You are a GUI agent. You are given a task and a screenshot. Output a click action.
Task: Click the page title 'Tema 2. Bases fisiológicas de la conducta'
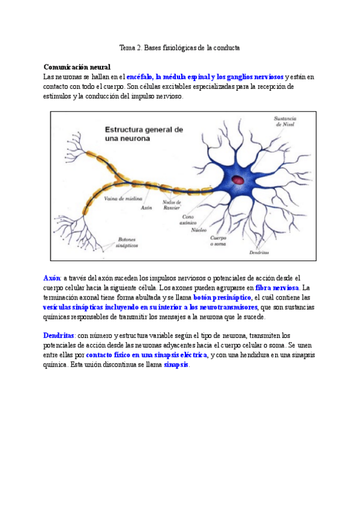click(179, 47)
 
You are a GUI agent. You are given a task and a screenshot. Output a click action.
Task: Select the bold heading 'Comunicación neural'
click(77, 67)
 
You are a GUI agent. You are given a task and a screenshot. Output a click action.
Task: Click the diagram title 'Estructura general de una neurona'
click(144, 133)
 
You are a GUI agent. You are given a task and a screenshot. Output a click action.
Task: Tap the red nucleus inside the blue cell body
click(239, 179)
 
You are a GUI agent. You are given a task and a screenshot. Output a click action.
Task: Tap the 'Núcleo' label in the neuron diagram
click(199, 229)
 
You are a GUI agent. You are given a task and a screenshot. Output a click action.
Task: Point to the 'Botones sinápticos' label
click(128, 242)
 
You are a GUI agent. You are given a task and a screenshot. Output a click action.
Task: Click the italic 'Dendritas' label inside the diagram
click(259, 253)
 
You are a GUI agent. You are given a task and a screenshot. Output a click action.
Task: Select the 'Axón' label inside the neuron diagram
click(146, 208)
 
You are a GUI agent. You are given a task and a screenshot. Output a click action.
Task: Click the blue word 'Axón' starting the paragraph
click(52, 278)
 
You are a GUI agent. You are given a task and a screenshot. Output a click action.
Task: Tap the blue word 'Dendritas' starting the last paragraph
click(59, 335)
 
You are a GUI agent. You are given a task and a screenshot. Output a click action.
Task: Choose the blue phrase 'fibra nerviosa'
click(277, 288)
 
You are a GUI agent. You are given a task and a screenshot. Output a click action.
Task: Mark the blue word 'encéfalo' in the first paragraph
click(139, 77)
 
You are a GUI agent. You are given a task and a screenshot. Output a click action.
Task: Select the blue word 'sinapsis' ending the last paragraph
click(176, 364)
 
